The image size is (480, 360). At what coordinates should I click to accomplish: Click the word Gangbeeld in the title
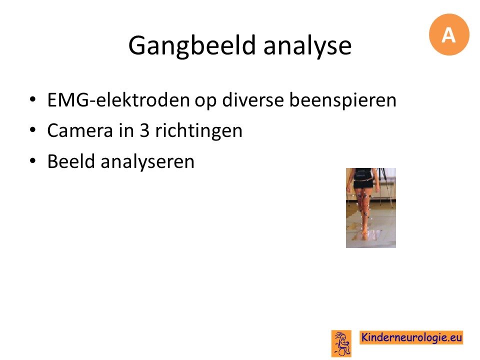(192, 46)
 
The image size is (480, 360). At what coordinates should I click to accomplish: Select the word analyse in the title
(307, 46)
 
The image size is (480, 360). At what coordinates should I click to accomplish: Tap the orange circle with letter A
(449, 34)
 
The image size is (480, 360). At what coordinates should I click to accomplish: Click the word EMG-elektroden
(118, 100)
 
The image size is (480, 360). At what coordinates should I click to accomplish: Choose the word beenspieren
(343, 100)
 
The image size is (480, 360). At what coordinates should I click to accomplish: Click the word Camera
(80, 130)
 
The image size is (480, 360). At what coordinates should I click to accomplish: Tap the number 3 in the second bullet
(144, 130)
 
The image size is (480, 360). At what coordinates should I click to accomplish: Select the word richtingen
(198, 131)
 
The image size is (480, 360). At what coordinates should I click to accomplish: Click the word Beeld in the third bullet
(71, 161)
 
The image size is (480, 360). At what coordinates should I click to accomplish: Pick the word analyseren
(147, 162)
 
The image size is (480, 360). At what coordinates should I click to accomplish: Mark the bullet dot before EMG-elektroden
(32, 99)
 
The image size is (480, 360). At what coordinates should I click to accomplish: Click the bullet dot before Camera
(32, 130)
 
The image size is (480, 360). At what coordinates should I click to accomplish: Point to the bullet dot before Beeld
(32, 160)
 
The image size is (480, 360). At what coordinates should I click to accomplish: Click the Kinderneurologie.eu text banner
(411, 337)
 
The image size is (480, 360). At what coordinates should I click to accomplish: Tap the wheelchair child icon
(341, 343)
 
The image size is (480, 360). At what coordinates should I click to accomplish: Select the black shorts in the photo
(363, 184)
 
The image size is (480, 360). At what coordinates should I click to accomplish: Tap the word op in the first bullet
(205, 101)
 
